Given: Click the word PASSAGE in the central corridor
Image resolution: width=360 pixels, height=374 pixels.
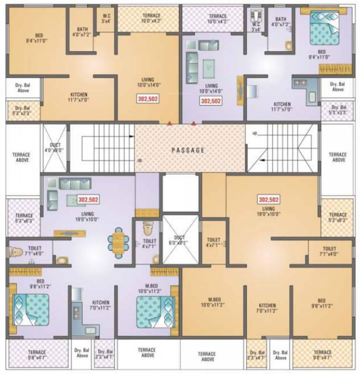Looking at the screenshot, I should click(x=188, y=150).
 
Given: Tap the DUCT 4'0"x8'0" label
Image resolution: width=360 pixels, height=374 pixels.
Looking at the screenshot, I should click(x=55, y=148).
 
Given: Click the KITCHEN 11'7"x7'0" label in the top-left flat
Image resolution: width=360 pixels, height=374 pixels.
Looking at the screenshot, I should click(x=78, y=97).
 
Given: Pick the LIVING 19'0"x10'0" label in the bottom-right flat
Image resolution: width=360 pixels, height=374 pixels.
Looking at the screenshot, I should click(x=269, y=211).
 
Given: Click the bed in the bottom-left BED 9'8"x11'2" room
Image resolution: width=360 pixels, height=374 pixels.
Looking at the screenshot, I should click(x=30, y=309).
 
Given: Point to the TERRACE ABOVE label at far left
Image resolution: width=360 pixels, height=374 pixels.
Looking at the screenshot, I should click(x=21, y=157).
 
